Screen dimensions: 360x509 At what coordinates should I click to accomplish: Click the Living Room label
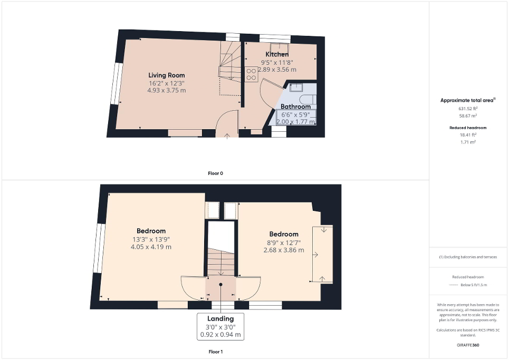(166, 75)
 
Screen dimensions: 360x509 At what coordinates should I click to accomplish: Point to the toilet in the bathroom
(308, 100)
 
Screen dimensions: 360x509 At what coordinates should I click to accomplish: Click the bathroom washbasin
(296, 87)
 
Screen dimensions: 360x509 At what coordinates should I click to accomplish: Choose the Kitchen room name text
(276, 54)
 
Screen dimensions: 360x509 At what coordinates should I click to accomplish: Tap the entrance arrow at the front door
(227, 135)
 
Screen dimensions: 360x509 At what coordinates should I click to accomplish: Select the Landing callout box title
(220, 318)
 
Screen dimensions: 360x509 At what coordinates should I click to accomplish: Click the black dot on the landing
(220, 285)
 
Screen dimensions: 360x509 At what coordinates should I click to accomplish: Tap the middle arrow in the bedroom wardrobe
(315, 255)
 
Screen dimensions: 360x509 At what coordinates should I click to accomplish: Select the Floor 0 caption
(215, 173)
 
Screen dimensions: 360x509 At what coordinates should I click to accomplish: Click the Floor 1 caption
(215, 351)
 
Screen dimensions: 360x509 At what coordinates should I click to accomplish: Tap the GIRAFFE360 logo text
(468, 345)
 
